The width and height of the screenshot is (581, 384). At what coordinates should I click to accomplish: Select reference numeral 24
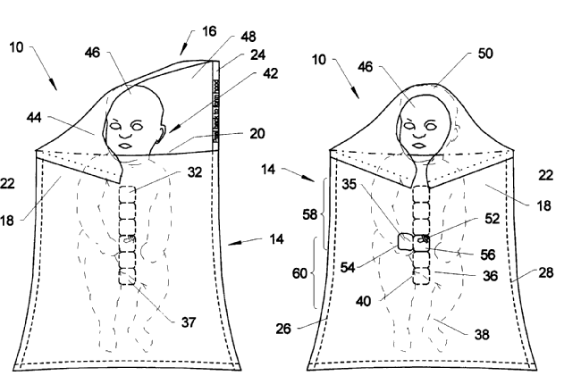[257, 56]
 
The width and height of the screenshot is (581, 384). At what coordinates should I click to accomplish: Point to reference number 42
[269, 75]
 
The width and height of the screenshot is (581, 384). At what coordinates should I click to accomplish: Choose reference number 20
[257, 133]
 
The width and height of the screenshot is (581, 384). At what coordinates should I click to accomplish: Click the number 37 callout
[188, 321]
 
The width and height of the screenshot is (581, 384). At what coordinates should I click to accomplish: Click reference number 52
[491, 217]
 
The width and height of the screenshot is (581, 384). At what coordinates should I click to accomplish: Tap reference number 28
[544, 271]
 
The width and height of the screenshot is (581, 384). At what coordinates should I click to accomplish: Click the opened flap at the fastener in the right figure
[408, 241]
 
